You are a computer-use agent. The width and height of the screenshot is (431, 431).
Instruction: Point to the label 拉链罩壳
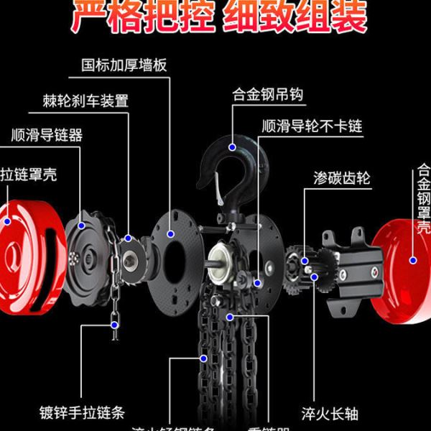(28, 173)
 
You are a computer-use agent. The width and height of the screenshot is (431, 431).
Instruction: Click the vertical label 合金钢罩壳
(423, 200)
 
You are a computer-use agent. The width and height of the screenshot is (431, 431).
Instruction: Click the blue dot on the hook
(234, 147)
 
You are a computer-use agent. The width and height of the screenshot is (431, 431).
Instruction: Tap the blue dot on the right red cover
(413, 260)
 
